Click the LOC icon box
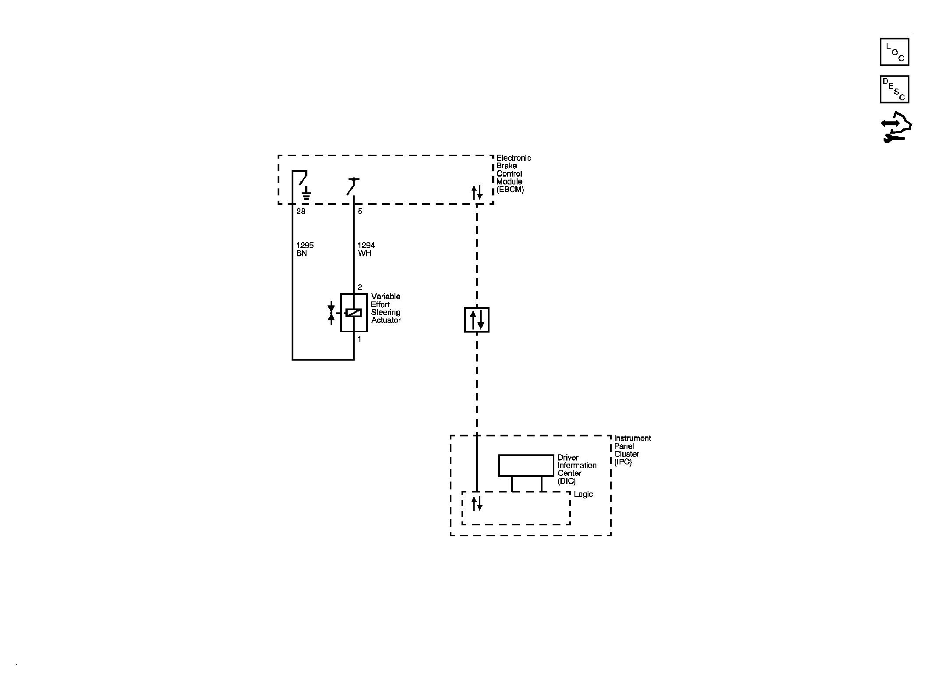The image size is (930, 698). pos(895,52)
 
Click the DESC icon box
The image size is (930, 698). pos(895,89)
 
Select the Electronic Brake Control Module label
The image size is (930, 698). pos(514,174)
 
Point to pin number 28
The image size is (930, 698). pos(301,211)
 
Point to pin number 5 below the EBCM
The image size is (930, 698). pos(360,211)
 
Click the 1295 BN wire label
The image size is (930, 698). pos(305,249)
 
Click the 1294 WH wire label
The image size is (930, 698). pos(366,249)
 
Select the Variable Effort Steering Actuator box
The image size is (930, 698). pos(354,312)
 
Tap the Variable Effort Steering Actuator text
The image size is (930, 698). pos(386,308)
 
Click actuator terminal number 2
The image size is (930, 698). pos(360,287)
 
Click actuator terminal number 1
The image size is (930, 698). pos(359,339)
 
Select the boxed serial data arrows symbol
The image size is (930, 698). pos(477,320)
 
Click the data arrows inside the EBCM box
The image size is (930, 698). pos(477,192)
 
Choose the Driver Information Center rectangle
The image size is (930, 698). pos(526,465)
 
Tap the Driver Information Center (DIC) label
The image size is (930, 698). pos(577,469)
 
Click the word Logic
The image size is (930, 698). pos(583,494)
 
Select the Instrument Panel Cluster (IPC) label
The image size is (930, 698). pos(632,450)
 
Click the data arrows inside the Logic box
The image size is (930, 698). pos(477,503)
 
